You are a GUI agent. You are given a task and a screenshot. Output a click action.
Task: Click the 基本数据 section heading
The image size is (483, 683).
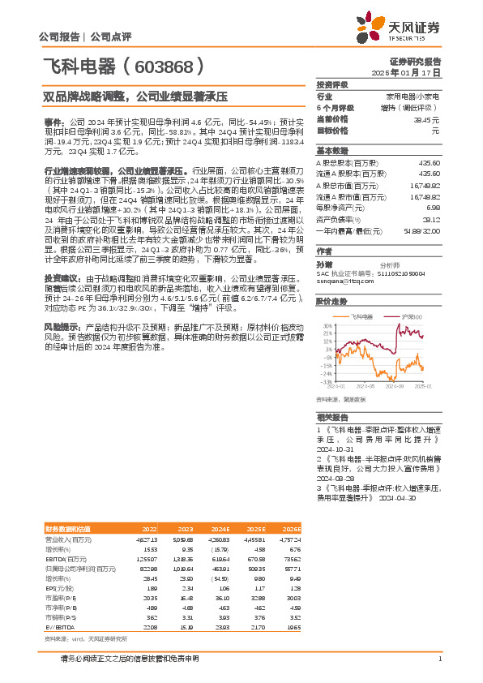tap(331, 151)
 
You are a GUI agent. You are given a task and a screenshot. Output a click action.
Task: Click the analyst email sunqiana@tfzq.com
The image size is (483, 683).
tap(340, 281)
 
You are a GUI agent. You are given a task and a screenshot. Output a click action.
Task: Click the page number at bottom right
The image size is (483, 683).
tap(439, 659)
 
